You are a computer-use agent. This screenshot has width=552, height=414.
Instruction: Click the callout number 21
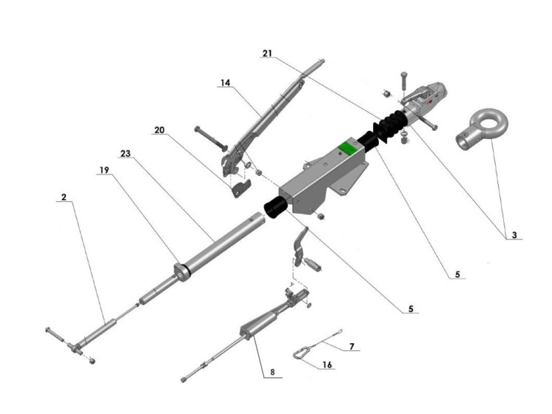(267, 53)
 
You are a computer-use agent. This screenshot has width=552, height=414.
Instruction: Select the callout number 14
(225, 84)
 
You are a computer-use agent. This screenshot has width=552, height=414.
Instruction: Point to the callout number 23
(125, 153)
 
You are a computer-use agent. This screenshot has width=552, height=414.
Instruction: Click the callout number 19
(104, 169)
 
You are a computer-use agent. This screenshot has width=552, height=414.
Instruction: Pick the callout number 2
(65, 197)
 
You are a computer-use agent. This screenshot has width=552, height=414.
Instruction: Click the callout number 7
(352, 346)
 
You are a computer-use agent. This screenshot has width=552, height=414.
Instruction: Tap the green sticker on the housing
(346, 146)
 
